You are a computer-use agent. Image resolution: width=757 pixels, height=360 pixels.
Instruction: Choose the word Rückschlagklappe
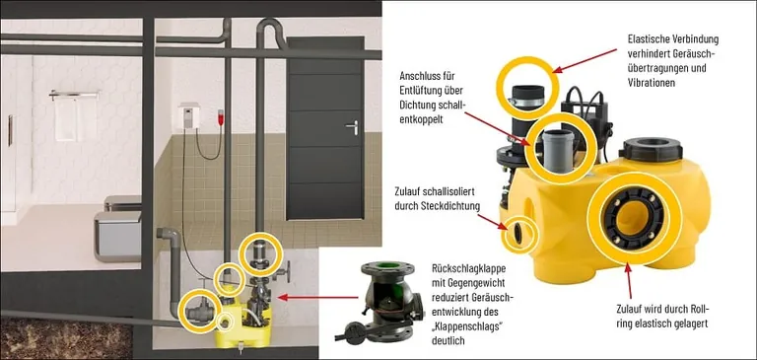(x=471, y=268)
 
